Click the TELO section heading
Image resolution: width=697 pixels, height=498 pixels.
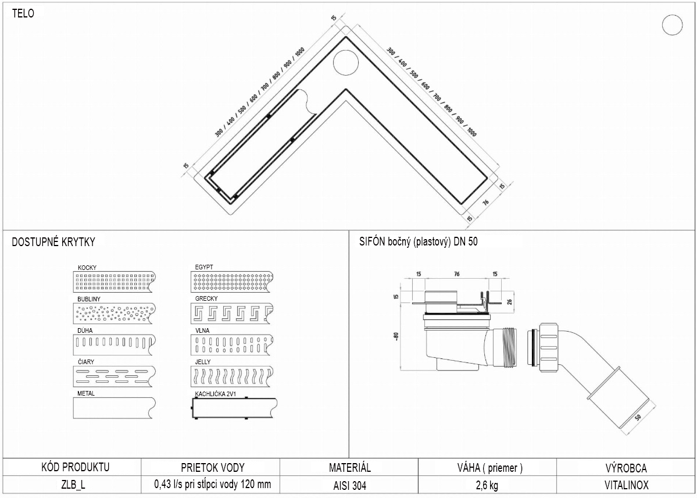[23, 14]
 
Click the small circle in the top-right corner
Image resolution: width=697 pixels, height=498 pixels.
[672, 25]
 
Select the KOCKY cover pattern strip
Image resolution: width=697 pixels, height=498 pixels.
[115, 282]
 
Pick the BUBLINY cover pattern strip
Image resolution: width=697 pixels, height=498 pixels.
[115, 313]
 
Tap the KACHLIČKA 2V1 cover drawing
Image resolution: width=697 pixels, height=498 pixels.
[234, 408]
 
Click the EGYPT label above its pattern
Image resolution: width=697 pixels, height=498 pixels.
[204, 268]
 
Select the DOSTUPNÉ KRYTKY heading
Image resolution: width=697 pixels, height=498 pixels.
[53, 241]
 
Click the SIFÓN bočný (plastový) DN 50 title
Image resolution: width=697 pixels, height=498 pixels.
[419, 241]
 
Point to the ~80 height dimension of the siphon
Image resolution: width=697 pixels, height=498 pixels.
[397, 336]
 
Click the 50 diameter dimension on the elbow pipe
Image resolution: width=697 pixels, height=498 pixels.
[638, 417]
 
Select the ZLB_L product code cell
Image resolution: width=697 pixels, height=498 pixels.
[72, 485]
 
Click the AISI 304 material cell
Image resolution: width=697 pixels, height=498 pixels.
[349, 485]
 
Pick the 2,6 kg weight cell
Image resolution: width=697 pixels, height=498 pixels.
[487, 485]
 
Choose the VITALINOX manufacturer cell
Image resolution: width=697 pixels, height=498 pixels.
[626, 485]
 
